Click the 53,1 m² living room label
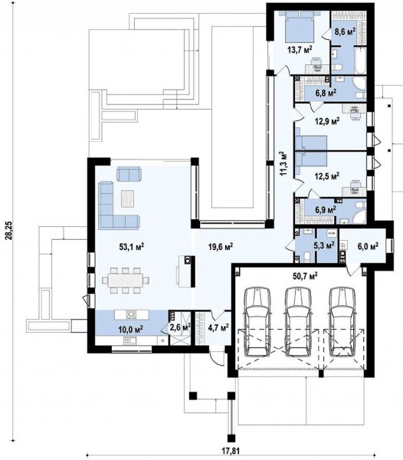[132, 246]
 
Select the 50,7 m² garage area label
[305, 275]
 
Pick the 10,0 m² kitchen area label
[131, 329]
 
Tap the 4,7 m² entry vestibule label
[218, 327]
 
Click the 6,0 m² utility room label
[367, 245]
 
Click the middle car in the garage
[298, 320]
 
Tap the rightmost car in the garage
[342, 320]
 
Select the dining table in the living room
[126, 280]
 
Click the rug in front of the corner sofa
[127, 199]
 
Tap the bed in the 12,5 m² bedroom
[311, 161]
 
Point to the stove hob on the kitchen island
[131, 314]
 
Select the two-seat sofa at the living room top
[129, 174]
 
